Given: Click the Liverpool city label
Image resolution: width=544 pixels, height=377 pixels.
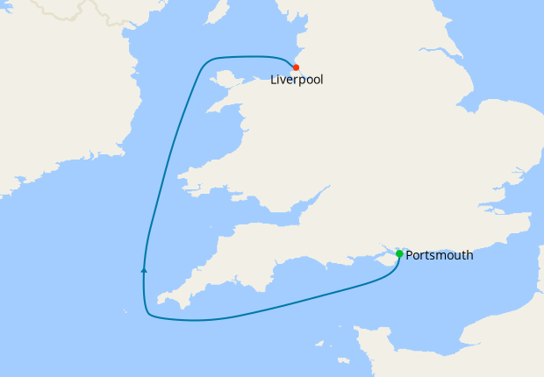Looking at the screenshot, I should tap(297, 80).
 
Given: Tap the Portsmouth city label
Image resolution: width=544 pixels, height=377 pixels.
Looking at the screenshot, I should tap(440, 256).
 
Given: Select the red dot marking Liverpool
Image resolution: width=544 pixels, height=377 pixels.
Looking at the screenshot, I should tap(297, 68).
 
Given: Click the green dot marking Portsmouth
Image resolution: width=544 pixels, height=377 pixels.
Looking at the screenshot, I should tap(399, 254).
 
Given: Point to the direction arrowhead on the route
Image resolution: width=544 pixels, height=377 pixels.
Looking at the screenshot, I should tap(144, 270).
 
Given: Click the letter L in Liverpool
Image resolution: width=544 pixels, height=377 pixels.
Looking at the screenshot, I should tap(274, 80).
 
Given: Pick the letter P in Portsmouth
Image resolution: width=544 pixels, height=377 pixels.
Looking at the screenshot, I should tap(410, 256).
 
